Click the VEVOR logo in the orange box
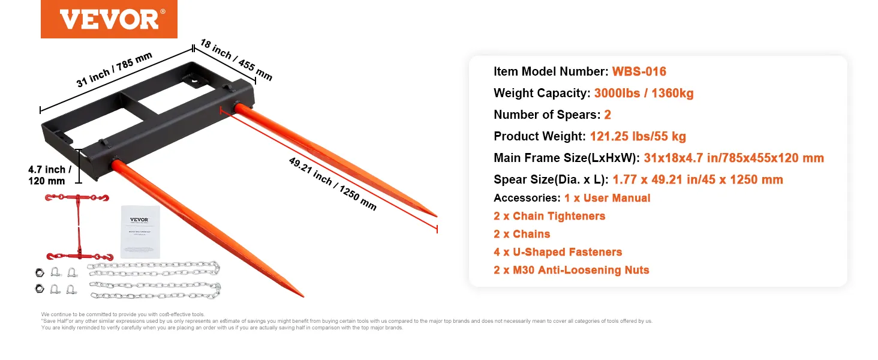pos(109,19)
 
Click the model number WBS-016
pos(639,72)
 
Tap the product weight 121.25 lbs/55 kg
pos(638,137)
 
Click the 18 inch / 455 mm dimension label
pos(236,61)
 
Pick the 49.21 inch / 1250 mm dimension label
pos(332,183)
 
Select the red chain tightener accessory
pos(78,226)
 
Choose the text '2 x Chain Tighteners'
pos(549,216)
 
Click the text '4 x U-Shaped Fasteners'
pos(558,252)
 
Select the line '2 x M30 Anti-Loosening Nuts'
pos(571,270)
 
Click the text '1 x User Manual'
pos(607,198)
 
